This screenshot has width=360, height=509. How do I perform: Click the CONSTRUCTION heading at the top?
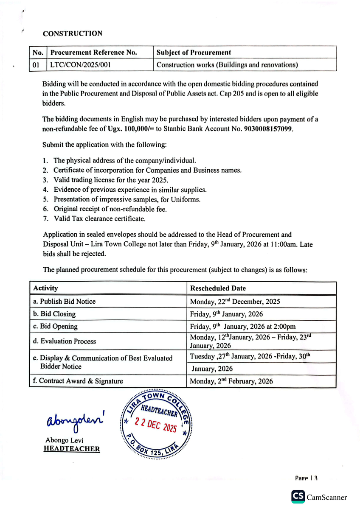click(72, 34)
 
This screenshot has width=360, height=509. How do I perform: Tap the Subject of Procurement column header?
click(193, 53)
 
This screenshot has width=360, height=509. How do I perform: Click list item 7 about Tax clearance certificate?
click(99, 219)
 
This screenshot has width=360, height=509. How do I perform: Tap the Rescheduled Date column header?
click(218, 288)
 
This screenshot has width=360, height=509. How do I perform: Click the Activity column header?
click(45, 288)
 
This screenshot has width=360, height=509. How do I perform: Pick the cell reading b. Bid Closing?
click(54, 314)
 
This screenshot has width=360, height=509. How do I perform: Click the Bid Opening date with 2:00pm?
click(243, 327)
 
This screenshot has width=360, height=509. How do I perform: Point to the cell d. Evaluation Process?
click(64, 341)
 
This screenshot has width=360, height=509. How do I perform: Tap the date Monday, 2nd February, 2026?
click(231, 381)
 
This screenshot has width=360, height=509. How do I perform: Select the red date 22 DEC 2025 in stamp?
click(155, 424)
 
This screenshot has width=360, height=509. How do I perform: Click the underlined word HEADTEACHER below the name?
click(72, 449)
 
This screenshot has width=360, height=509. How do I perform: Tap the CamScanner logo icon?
click(298, 497)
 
